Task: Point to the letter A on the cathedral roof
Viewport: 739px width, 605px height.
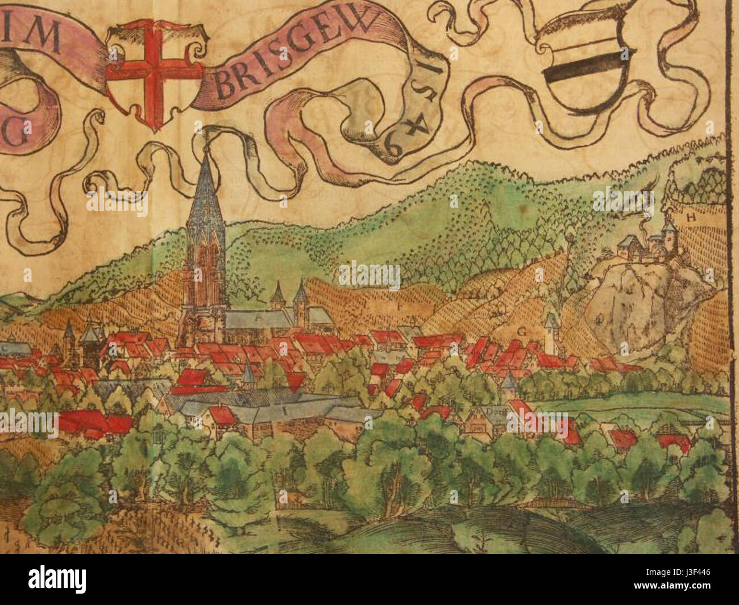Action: [x=259, y=320]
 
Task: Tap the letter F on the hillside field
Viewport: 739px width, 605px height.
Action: [x=400, y=306]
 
